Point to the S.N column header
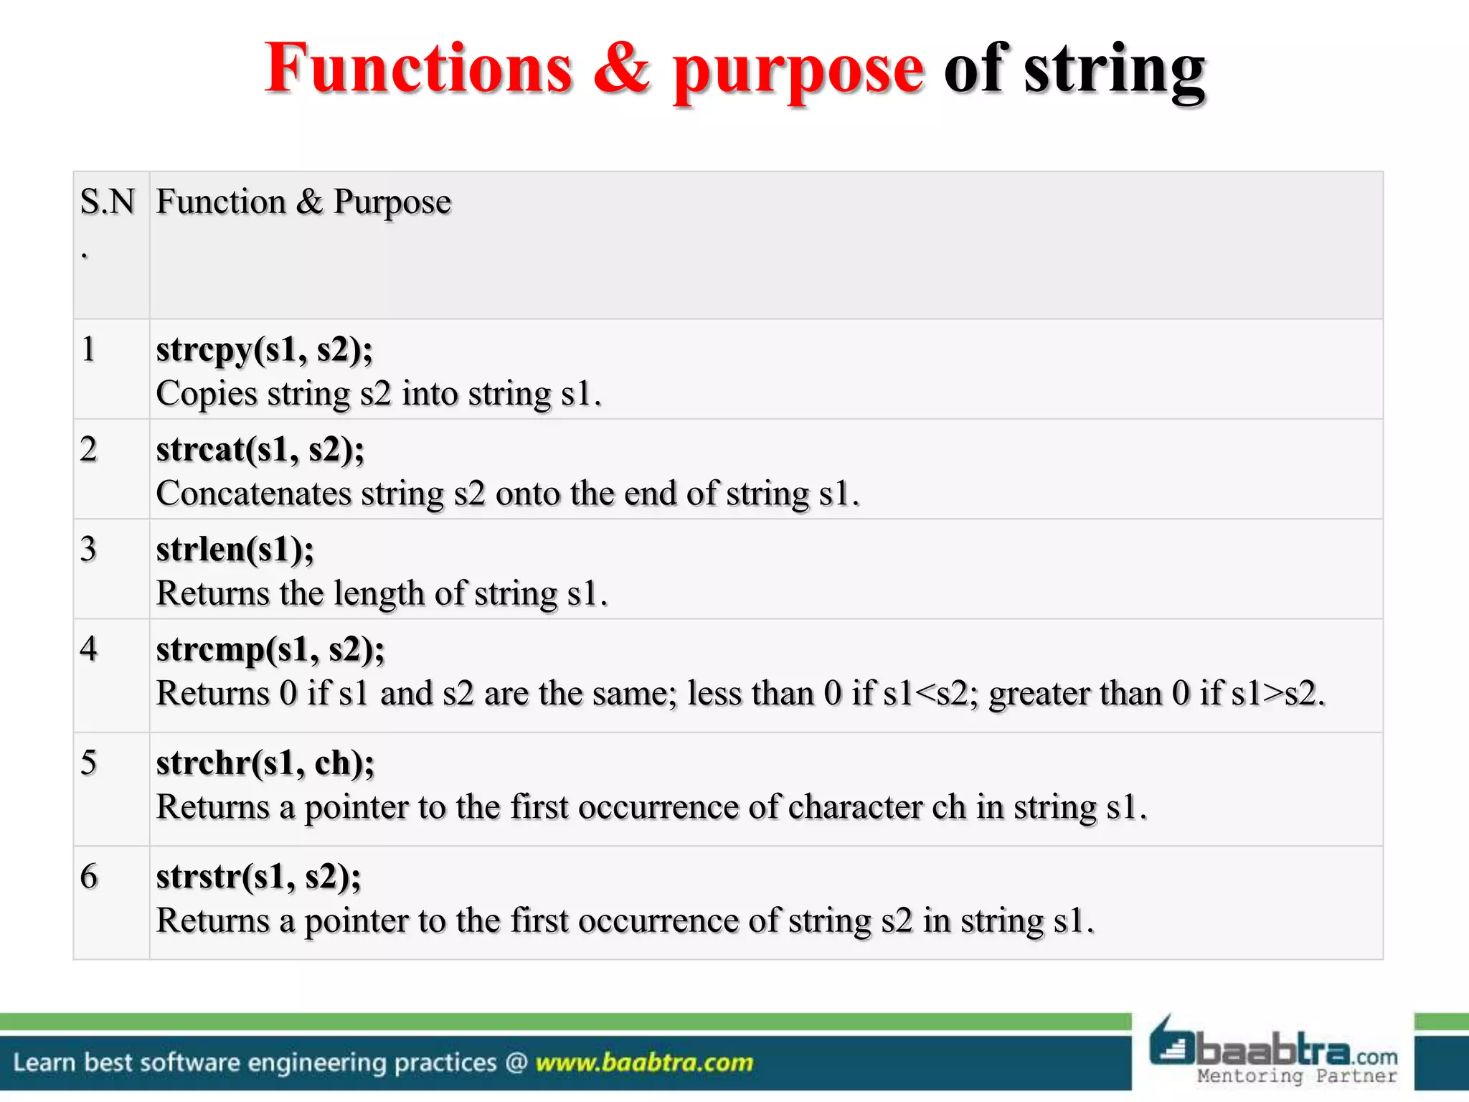107,202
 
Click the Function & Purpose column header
303,202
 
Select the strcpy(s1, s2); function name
265,350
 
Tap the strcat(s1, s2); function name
260,450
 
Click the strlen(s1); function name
235,550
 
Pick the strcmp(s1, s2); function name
270,649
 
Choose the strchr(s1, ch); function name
265,763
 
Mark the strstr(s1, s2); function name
259,877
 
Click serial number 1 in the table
88,350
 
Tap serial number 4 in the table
88,649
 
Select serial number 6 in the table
88,877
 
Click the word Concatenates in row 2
254,494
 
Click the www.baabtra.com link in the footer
644,1062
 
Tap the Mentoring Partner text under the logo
1297,1076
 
